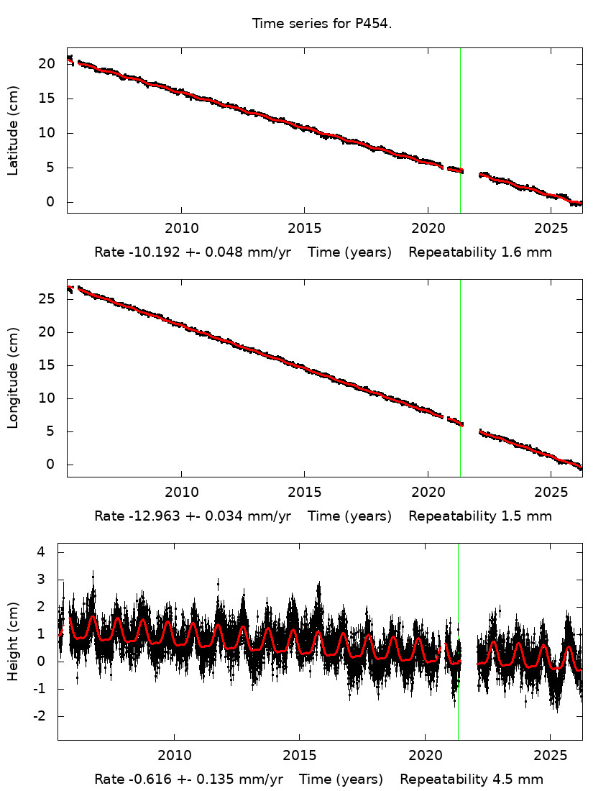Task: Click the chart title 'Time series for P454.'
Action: [321, 24]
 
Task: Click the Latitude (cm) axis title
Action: [13, 130]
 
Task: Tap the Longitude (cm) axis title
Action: [13, 378]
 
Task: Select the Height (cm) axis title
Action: [13, 641]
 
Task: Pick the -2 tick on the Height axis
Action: [45, 716]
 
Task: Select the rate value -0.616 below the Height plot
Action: [142, 779]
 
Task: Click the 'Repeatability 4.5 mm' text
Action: [472, 779]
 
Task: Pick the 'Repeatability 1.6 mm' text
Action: [480, 253]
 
